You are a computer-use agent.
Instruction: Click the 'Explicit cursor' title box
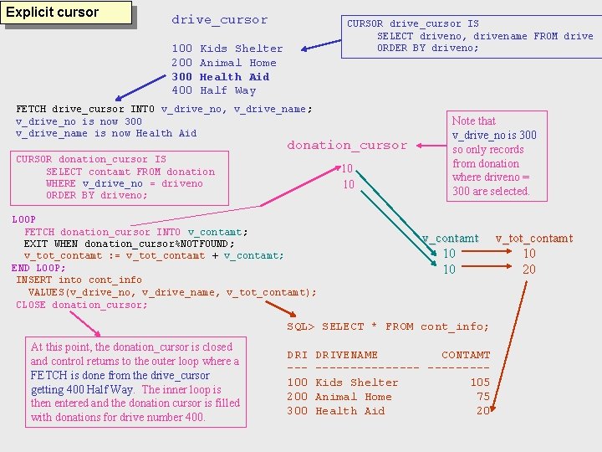(68, 13)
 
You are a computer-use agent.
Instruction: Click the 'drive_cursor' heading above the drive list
(220, 20)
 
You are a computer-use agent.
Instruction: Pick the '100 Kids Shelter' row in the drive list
(227, 49)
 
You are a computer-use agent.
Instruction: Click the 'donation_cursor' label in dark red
(347, 146)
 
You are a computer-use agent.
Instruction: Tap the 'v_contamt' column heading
(450, 239)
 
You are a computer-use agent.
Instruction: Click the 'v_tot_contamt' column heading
(533, 239)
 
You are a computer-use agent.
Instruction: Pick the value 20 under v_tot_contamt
(529, 270)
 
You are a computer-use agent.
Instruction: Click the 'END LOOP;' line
(38, 268)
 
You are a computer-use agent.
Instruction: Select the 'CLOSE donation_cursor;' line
(82, 305)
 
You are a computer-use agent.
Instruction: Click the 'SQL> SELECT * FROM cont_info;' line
(388, 326)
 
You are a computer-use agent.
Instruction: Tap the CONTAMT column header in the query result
(466, 355)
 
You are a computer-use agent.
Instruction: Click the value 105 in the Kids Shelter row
(480, 383)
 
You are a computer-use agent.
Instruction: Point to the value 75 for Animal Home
(483, 397)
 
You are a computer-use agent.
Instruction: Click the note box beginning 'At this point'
(135, 382)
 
